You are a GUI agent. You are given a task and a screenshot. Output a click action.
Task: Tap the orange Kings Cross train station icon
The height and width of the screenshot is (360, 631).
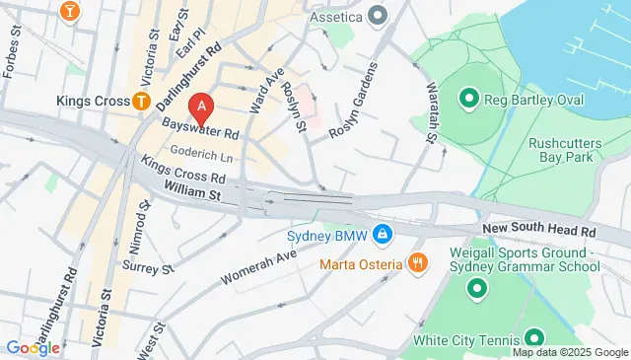142,101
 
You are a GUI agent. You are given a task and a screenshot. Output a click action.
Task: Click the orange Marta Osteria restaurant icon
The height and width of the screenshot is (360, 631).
418,263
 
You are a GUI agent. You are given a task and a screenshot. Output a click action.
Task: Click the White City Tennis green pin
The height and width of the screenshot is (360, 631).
533,338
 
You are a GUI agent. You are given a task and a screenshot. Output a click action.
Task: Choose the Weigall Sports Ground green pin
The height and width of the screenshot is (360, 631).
477,288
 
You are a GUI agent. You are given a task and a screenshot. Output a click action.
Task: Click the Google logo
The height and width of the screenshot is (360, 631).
33,347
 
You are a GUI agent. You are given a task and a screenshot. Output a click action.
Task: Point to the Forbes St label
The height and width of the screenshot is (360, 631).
12,59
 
